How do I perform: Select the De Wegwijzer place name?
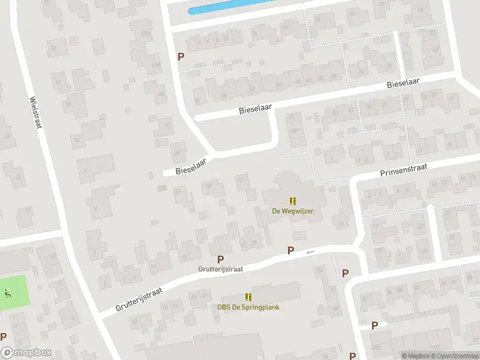(x=293, y=211)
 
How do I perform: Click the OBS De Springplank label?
(x=248, y=307)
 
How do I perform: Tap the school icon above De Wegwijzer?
(x=293, y=201)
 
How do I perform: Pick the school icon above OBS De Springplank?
(x=248, y=297)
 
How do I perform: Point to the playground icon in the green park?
(x=7, y=293)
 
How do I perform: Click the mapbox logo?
(x=26, y=353)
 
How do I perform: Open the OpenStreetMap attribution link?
(x=454, y=356)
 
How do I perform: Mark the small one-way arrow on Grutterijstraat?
(x=310, y=252)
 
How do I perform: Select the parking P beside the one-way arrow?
(x=291, y=251)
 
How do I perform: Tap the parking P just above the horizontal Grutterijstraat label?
(x=221, y=259)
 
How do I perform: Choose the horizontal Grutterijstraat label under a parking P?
(x=221, y=269)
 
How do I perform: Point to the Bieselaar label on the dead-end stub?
(x=188, y=170)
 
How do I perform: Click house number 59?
(x=177, y=153)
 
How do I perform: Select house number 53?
(x=241, y=179)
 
